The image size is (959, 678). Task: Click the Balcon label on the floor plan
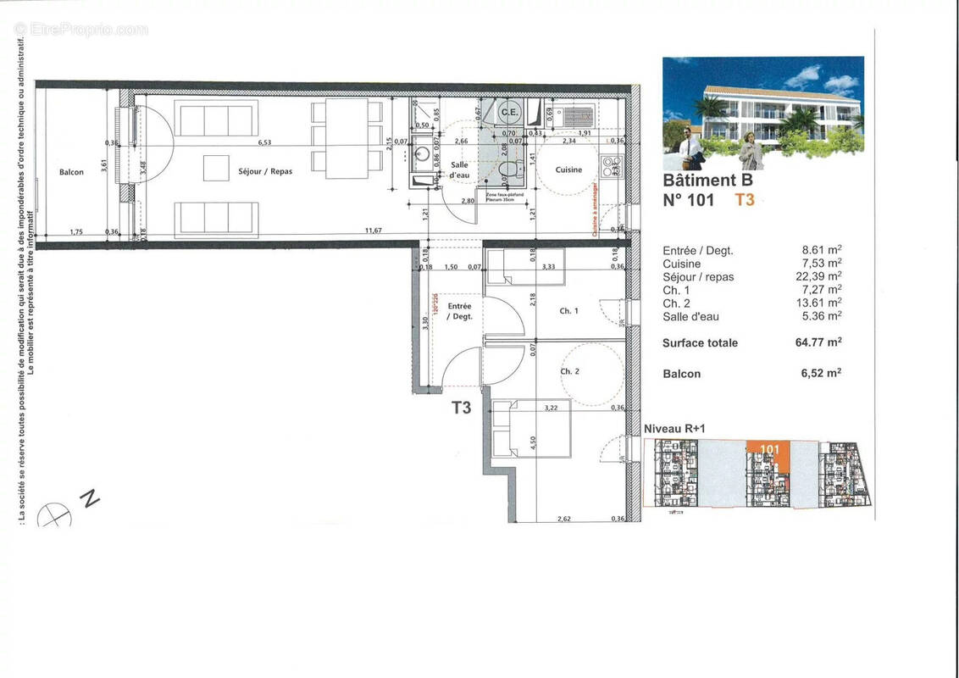71,172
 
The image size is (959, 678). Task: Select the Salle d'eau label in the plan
460,169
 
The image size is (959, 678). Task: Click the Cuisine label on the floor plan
568,169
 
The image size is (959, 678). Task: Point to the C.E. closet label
509,112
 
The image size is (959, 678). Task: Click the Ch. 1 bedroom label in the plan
569,311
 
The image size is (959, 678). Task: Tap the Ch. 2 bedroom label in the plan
569,371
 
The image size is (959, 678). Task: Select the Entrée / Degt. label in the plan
459,310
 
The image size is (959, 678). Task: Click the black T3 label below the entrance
461,408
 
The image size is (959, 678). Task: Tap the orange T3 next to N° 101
744,200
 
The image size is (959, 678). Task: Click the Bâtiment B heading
707,180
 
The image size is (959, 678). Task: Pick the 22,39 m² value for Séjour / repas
821,276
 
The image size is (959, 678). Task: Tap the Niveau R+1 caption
675,430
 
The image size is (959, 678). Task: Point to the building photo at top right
762,113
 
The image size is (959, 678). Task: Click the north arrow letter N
87,497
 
